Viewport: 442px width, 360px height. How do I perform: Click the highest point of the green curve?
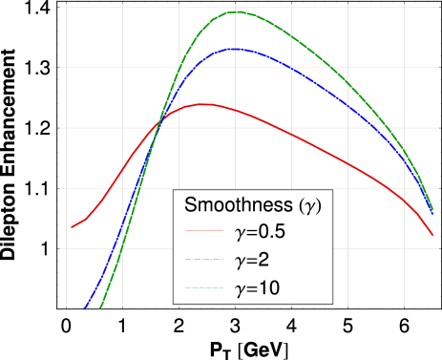[x=237, y=11]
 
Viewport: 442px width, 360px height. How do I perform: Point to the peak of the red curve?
[x=203, y=104]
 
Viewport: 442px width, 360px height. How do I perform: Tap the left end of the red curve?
[x=72, y=227]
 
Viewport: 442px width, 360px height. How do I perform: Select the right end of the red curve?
[x=432, y=234]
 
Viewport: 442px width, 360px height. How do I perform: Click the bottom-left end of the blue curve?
[x=85, y=308]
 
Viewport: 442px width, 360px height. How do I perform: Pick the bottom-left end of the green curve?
[x=100, y=308]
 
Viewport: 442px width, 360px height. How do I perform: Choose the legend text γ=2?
[x=252, y=260]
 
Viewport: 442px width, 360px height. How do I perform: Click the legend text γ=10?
[x=256, y=287]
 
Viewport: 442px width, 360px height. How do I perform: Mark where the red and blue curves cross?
[x=158, y=124]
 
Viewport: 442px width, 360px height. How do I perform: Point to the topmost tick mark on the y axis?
[x=62, y=7]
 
